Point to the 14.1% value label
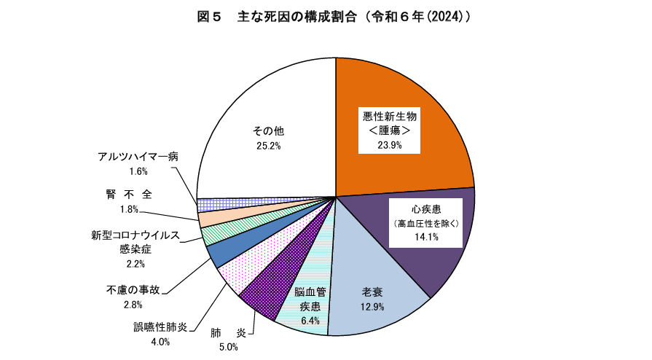click(x=425, y=236)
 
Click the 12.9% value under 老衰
click(x=372, y=307)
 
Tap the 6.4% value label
click(x=310, y=321)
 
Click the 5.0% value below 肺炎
click(x=228, y=347)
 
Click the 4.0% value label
click(x=160, y=342)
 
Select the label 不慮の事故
click(x=132, y=290)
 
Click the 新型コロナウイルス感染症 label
click(x=132, y=242)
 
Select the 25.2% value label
click(x=268, y=146)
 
